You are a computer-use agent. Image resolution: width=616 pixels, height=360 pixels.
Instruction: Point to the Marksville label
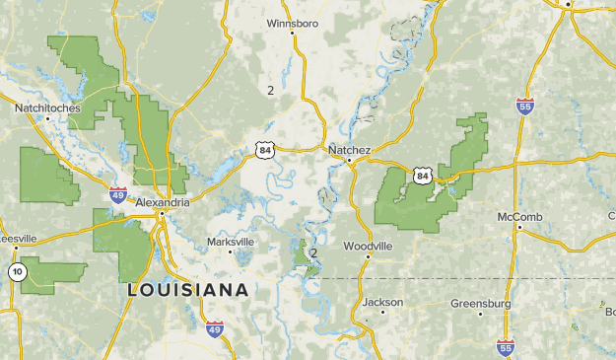(230, 242)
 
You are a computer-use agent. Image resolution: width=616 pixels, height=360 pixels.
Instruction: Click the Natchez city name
(349, 150)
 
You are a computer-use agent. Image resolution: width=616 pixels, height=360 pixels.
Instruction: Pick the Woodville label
(368, 246)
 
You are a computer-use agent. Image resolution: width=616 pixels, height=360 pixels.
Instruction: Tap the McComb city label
(520, 216)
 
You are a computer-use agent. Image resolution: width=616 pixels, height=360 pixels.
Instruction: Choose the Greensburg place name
(481, 304)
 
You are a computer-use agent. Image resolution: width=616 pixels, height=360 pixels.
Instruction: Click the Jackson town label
(383, 302)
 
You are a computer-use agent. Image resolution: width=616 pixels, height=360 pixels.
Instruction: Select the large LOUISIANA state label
(187, 291)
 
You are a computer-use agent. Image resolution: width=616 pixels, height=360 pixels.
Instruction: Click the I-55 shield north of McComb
(525, 107)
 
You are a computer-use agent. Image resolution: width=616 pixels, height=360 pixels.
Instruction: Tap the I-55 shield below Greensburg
(506, 346)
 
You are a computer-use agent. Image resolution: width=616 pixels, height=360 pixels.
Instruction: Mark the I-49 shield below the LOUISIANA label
(215, 328)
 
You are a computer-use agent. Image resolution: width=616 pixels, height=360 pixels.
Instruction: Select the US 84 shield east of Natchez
(423, 176)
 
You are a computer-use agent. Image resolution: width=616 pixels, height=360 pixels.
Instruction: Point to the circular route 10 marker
(17, 271)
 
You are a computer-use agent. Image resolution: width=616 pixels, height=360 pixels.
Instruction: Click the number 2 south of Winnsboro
(270, 90)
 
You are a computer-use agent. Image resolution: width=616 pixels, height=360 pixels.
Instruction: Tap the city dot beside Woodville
(369, 256)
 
